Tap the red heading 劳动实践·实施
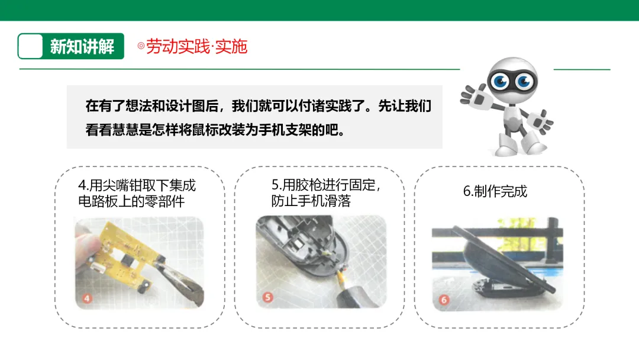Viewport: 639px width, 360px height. coord(196,46)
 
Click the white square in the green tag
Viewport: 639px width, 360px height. coord(31,46)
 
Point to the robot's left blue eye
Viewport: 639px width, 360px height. coord(500,81)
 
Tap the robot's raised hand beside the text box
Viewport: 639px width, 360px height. coord(473,95)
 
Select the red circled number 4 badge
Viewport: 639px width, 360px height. coord(87,298)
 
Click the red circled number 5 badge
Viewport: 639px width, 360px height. coord(267,297)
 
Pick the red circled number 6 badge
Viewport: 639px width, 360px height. coord(444,300)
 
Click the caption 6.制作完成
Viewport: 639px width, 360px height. coord(495,191)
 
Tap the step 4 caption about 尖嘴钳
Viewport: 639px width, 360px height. coord(137,193)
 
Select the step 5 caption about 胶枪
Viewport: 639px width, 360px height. coord(326,193)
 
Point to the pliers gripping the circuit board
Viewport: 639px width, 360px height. coord(179,282)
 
